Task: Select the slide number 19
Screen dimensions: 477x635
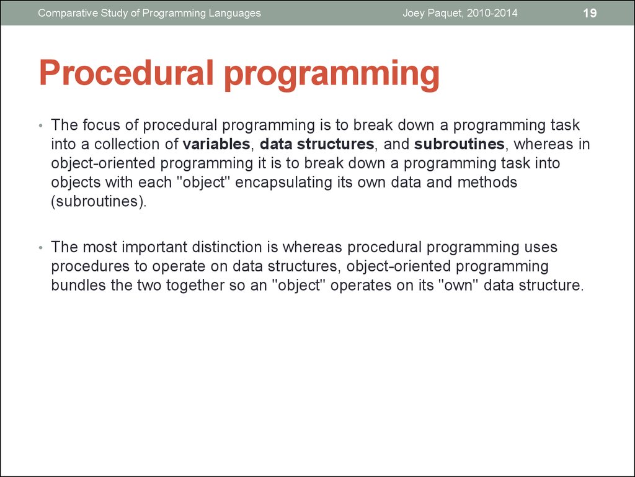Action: (x=590, y=13)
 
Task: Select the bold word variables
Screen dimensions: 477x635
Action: (x=216, y=145)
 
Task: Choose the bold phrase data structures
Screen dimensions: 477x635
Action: (x=317, y=145)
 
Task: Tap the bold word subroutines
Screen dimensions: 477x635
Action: (x=459, y=145)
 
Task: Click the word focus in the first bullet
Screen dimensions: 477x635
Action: (x=101, y=125)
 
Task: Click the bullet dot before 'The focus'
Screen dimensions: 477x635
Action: (x=40, y=126)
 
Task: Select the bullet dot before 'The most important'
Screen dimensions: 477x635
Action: (x=40, y=248)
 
